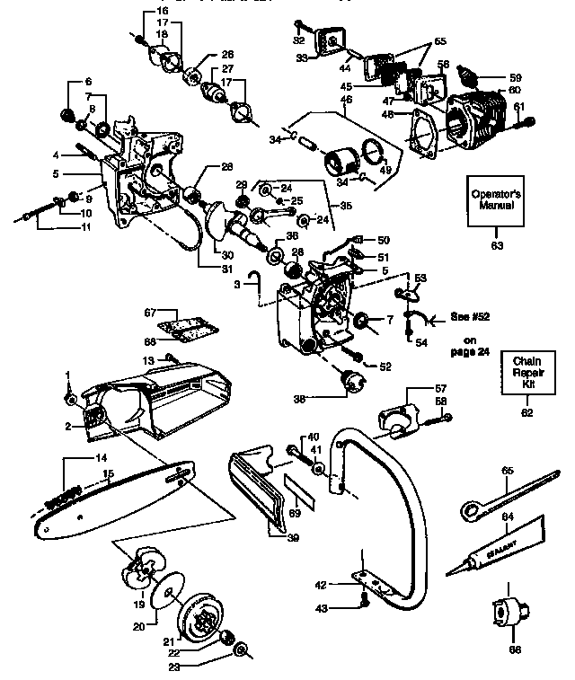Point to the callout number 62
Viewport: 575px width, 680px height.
(x=526, y=412)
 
